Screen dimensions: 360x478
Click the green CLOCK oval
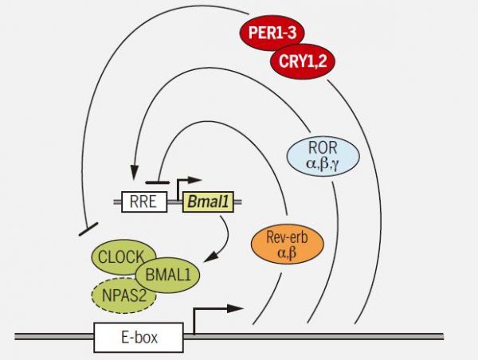[119, 256]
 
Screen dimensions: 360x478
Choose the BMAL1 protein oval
[167, 276]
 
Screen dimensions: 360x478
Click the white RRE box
[143, 202]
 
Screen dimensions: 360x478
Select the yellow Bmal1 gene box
[207, 202]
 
